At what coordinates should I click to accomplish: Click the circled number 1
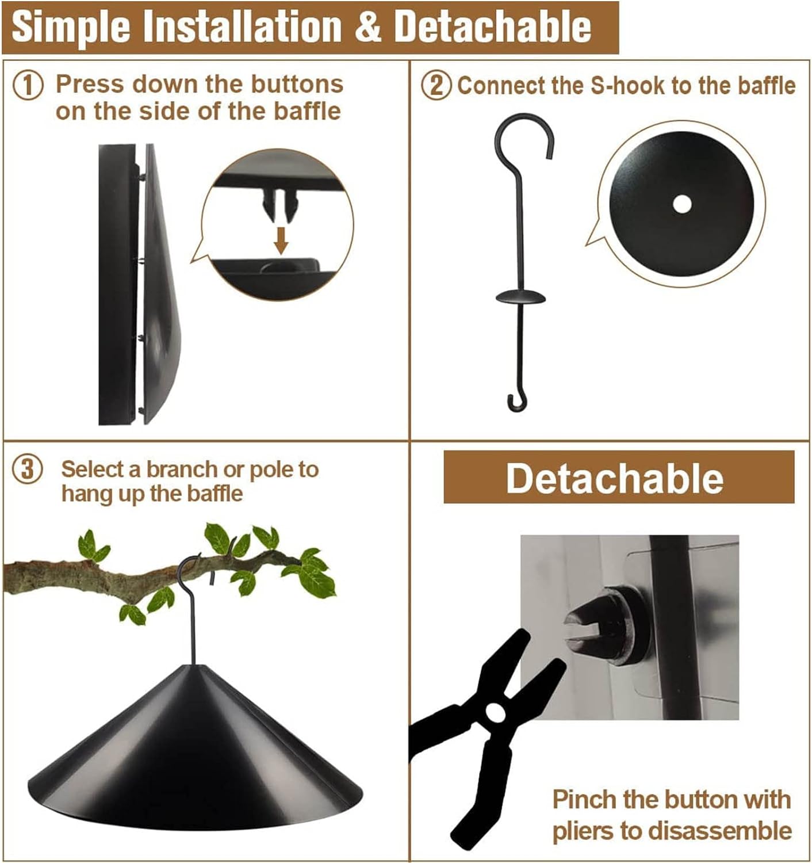(x=28, y=86)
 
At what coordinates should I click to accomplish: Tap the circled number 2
(x=436, y=86)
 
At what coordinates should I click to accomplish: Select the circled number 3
(x=28, y=469)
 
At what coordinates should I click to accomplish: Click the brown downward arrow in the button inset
(x=282, y=240)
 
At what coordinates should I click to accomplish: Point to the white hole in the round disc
(x=682, y=204)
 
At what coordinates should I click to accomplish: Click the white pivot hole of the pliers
(x=495, y=713)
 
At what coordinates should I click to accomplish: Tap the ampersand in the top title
(x=368, y=27)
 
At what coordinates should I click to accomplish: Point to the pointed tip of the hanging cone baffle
(x=192, y=665)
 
